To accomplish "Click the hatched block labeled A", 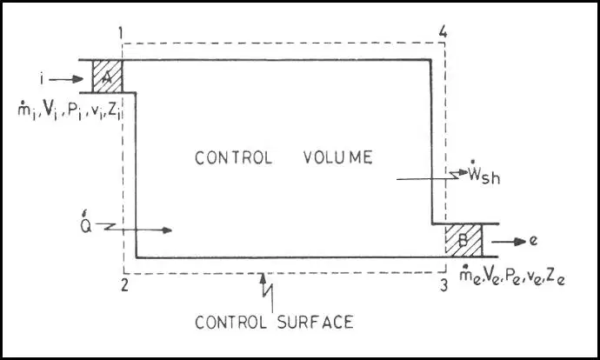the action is [108, 77].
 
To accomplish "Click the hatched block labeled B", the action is [463, 240].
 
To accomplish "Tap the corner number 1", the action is [121, 33].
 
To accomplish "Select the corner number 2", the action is [124, 285].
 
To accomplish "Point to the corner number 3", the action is [443, 285].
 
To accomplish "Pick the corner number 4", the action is [443, 32].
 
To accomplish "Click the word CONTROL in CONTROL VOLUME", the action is [233, 157].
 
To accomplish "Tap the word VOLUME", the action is [338, 157].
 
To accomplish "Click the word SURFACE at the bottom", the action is [315, 322].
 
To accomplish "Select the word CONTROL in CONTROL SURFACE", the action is [230, 323].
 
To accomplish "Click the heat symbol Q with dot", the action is [86, 224].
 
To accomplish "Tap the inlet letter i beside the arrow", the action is [42, 79].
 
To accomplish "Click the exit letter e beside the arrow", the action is [533, 241].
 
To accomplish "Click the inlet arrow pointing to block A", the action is [66, 79].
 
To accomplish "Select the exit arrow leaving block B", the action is [509, 242].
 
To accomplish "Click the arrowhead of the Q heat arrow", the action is [167, 230].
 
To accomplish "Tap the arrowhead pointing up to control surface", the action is [263, 278].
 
